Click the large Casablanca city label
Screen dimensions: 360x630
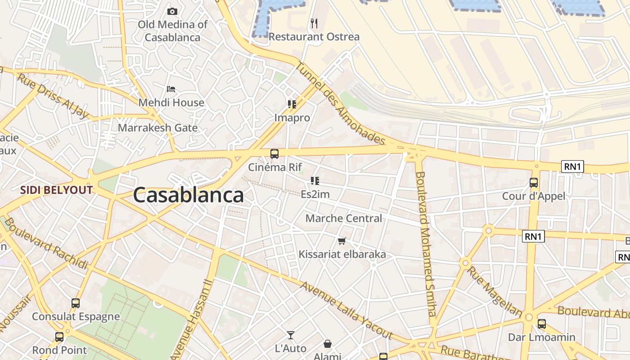coord(188,195)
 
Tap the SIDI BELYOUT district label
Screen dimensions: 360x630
coord(56,190)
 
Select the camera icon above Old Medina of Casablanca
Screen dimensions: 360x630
coord(172,11)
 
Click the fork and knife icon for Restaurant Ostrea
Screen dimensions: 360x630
coord(314,23)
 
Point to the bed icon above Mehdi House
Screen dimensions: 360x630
coord(171,89)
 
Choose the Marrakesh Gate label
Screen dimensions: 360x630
coord(157,128)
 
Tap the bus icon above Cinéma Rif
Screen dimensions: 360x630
coord(274,154)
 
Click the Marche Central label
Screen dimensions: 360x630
coord(344,218)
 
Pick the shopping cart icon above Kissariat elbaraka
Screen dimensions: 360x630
coord(342,241)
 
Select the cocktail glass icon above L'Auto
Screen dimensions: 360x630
coord(291,335)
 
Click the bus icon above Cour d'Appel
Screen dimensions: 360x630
coord(534,183)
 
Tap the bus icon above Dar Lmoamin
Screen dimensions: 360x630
coord(542,324)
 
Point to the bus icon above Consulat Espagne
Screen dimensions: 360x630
coord(76,303)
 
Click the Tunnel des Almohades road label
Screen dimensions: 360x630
coord(340,104)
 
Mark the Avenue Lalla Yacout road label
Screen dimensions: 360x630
coord(346,310)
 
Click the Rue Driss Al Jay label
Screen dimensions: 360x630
coord(53,96)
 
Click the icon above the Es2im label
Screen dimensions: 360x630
coord(315,181)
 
